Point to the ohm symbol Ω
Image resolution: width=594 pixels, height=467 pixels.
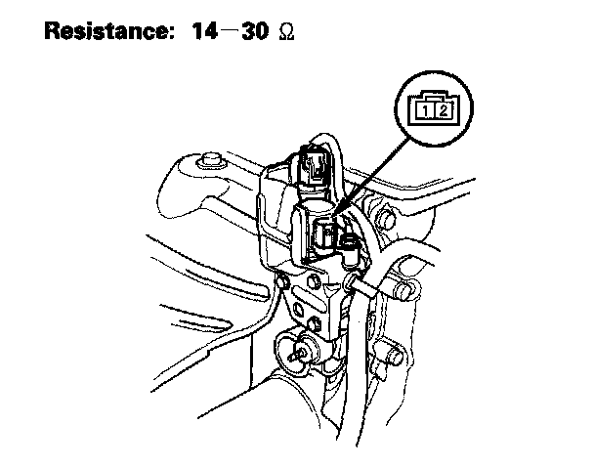pyautogui.click(x=287, y=32)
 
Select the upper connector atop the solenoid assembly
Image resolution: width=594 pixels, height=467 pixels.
pyautogui.click(x=316, y=164)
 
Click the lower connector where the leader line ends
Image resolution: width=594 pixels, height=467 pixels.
pyautogui.click(x=327, y=234)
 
